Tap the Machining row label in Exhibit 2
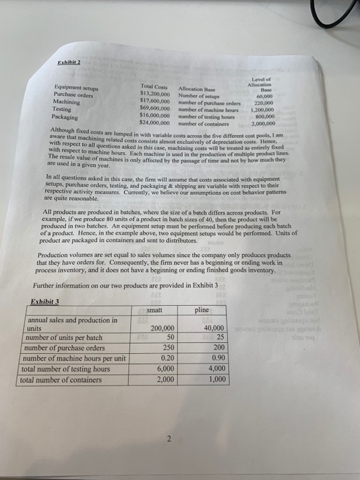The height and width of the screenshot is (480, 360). pyautogui.click(x=68, y=102)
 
